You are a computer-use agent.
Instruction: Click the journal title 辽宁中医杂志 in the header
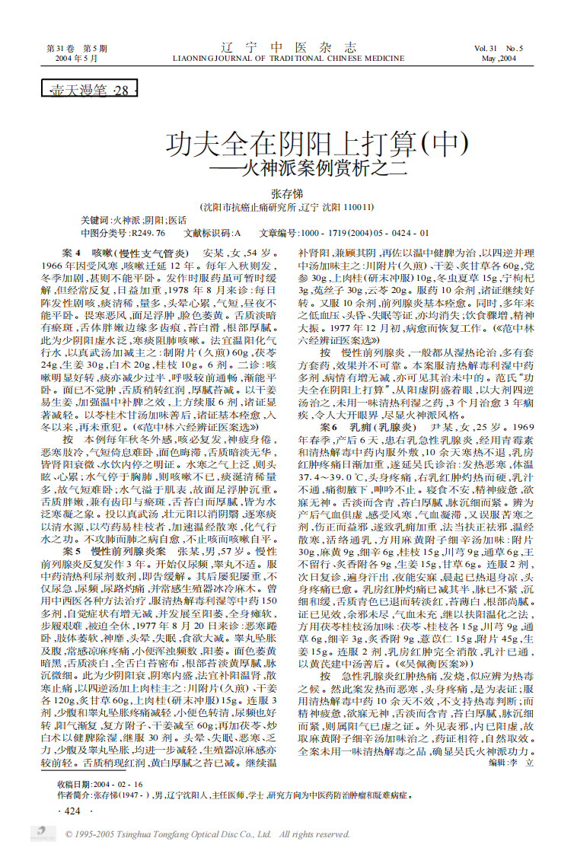click(x=288, y=46)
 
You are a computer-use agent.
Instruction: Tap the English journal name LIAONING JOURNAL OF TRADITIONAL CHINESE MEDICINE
click(x=289, y=58)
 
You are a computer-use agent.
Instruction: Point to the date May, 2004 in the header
click(x=499, y=59)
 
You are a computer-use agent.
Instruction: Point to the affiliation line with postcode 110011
click(x=286, y=206)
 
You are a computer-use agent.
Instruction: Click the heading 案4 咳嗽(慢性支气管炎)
click(x=123, y=252)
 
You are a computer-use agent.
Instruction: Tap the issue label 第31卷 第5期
click(x=77, y=49)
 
